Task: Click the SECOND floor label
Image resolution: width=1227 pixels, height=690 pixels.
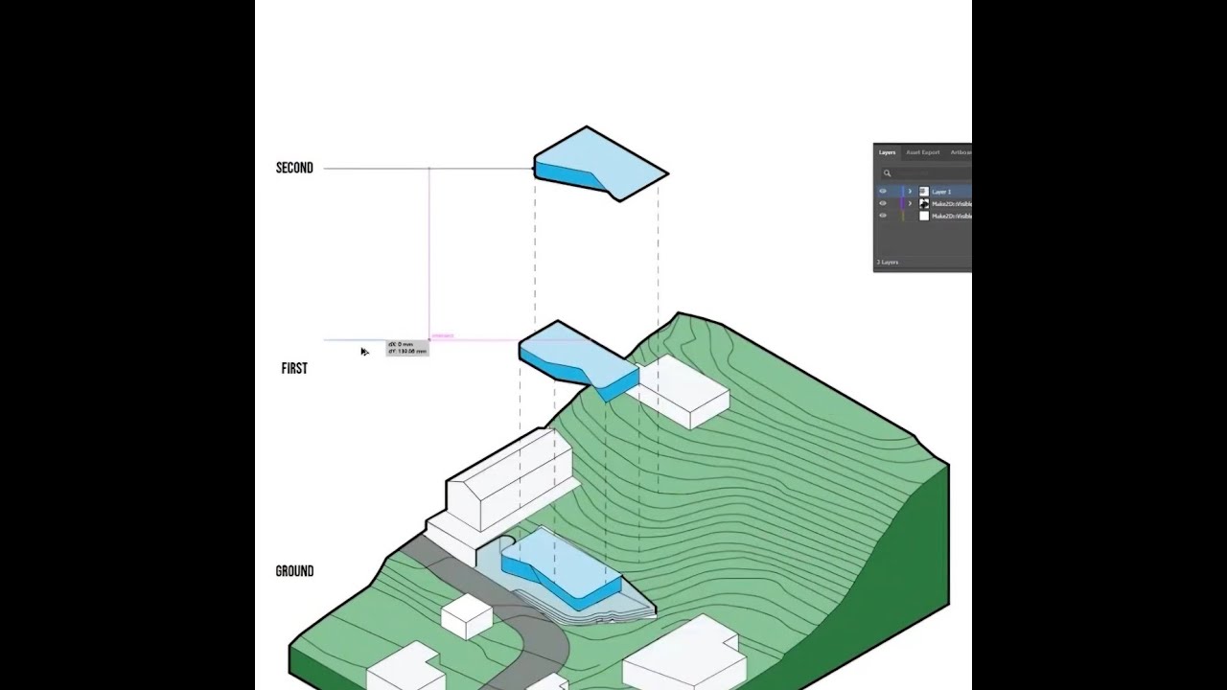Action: point(294,168)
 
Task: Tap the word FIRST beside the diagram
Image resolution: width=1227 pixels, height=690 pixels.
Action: point(294,368)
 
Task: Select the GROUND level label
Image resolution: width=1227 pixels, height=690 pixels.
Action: point(294,571)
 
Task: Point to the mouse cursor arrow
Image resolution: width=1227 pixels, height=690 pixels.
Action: point(364,352)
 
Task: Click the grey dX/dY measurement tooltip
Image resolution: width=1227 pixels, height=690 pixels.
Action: point(406,348)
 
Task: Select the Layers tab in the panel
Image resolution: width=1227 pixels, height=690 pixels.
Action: point(887,152)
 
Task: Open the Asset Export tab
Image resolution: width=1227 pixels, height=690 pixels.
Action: point(923,152)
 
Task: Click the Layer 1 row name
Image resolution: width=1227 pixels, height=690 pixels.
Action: point(941,192)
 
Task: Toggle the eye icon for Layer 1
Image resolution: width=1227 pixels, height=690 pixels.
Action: point(883,192)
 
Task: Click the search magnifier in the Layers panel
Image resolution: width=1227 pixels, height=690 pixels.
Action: point(887,173)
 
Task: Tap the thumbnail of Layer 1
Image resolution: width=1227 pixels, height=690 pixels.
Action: point(924,192)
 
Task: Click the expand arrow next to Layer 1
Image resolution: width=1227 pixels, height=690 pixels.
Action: point(910,192)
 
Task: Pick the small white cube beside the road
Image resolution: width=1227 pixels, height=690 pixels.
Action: point(467,614)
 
